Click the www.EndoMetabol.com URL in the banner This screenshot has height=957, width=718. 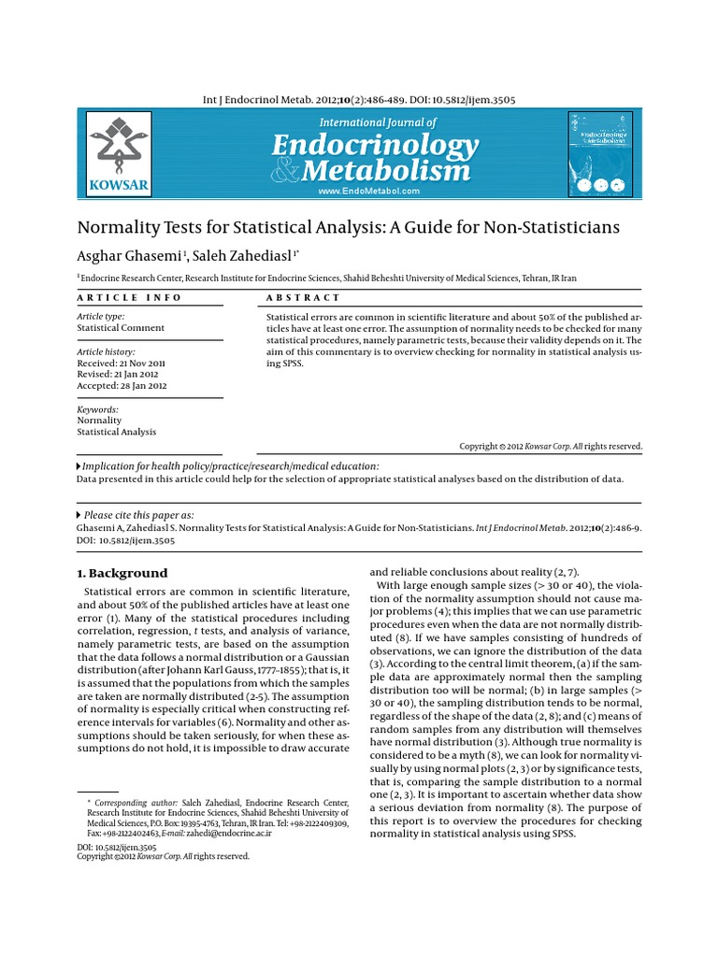coord(368,191)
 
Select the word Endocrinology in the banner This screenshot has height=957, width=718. coord(375,146)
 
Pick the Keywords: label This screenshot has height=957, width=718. coord(97,409)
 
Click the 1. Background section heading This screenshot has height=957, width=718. coord(122,573)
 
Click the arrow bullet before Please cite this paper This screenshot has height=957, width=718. coord(79,515)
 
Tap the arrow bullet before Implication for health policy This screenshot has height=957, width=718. coord(79,465)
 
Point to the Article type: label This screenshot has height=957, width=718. coord(100,317)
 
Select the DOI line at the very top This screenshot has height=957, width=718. coord(360,100)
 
